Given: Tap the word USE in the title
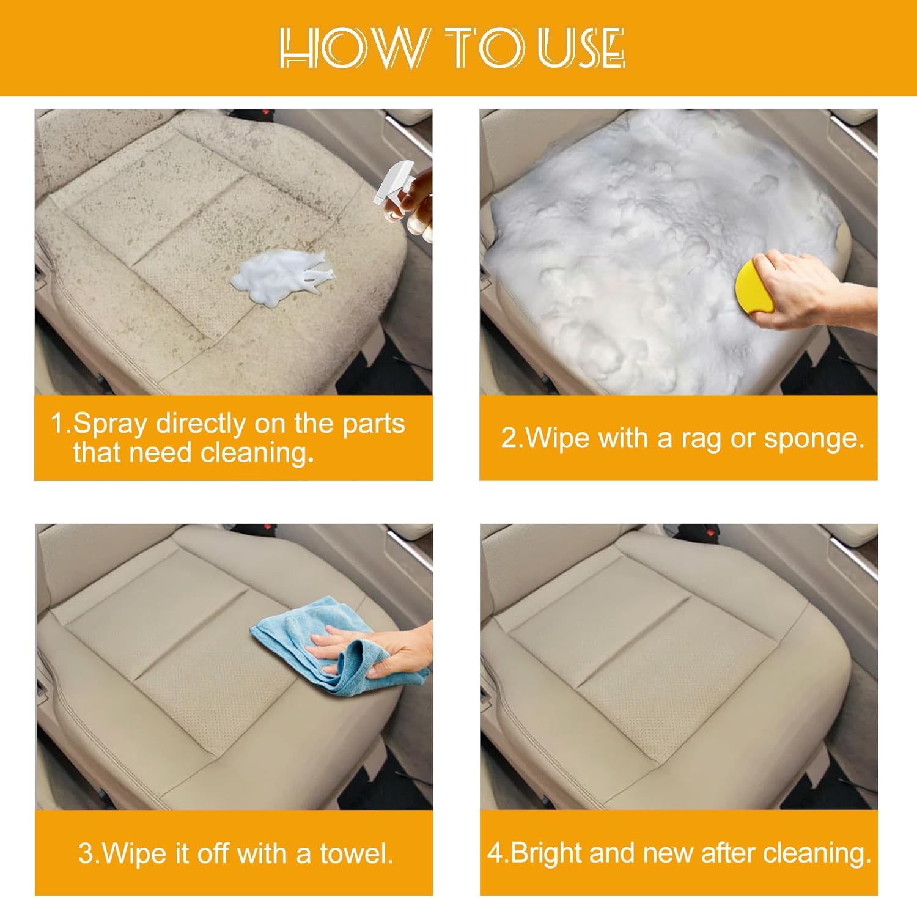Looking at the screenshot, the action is click(x=581, y=48).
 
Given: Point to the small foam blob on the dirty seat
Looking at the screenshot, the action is click(x=281, y=278).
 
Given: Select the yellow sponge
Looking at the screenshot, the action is click(x=754, y=286).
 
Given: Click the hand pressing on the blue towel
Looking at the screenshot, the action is click(x=379, y=649).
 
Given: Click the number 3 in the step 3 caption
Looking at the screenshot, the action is click(x=85, y=854).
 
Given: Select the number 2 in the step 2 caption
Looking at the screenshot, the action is click(x=509, y=438).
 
